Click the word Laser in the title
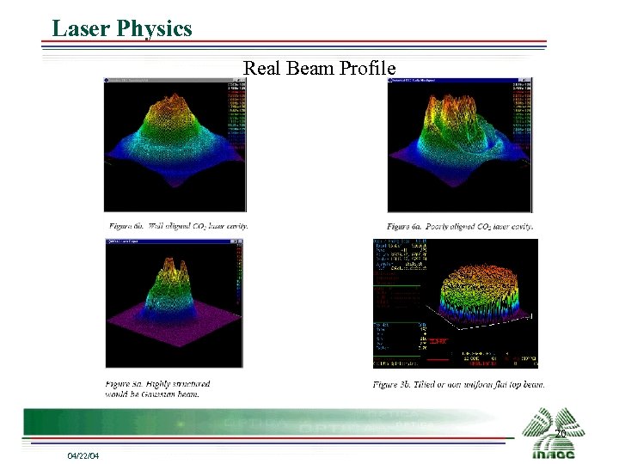pyautogui.click(x=80, y=28)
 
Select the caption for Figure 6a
pyautogui.click(x=460, y=226)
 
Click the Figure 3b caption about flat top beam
pyautogui.click(x=458, y=384)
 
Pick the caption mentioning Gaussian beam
pyautogui.click(x=158, y=388)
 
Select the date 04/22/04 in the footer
pyautogui.click(x=83, y=455)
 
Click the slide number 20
pyautogui.click(x=560, y=434)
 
